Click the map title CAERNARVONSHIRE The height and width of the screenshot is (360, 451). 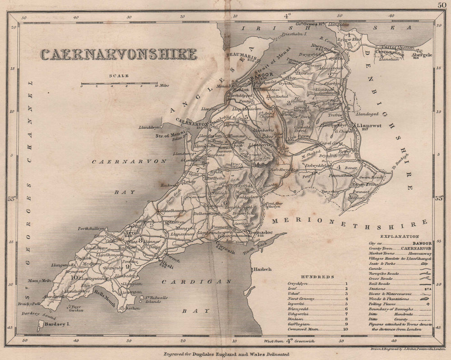click(x=118, y=54)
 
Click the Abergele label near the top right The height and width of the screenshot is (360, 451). click(x=423, y=53)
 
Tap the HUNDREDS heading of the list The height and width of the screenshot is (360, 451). click(x=318, y=277)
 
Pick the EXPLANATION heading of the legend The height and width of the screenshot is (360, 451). click(x=399, y=236)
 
